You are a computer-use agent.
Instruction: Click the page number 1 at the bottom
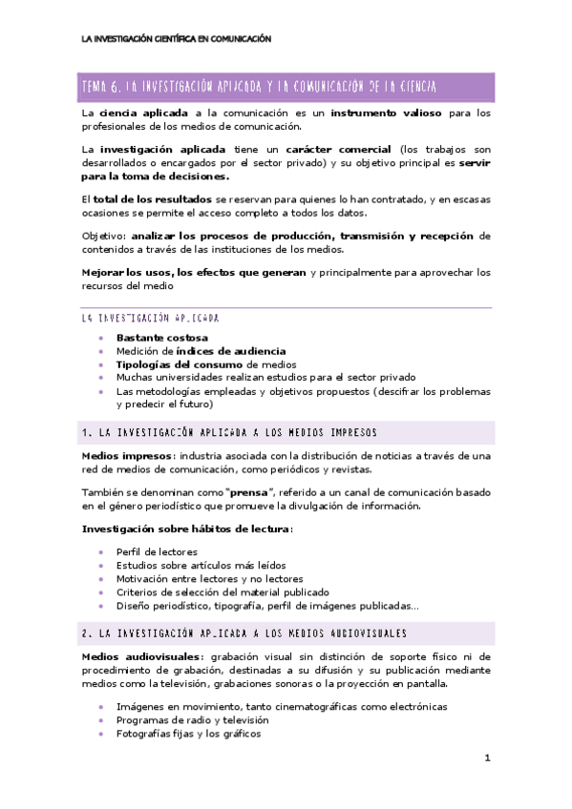pyautogui.click(x=487, y=758)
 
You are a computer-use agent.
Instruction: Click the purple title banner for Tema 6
pyautogui.click(x=286, y=87)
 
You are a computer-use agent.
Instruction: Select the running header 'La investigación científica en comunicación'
pyautogui.click(x=177, y=39)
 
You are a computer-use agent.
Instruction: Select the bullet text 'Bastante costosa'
pyautogui.click(x=162, y=338)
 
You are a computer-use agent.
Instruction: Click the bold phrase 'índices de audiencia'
pyautogui.click(x=232, y=351)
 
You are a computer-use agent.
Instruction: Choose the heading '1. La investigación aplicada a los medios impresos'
pyautogui.click(x=230, y=432)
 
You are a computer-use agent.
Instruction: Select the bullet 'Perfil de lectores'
pyautogui.click(x=158, y=552)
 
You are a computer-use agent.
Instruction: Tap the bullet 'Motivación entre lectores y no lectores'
pyautogui.click(x=210, y=579)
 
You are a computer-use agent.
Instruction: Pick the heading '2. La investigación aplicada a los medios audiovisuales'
pyautogui.click(x=244, y=633)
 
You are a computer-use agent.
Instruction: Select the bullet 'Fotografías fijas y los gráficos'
pyautogui.click(x=188, y=734)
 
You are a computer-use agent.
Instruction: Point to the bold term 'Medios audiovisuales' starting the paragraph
pyautogui.click(x=141, y=656)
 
